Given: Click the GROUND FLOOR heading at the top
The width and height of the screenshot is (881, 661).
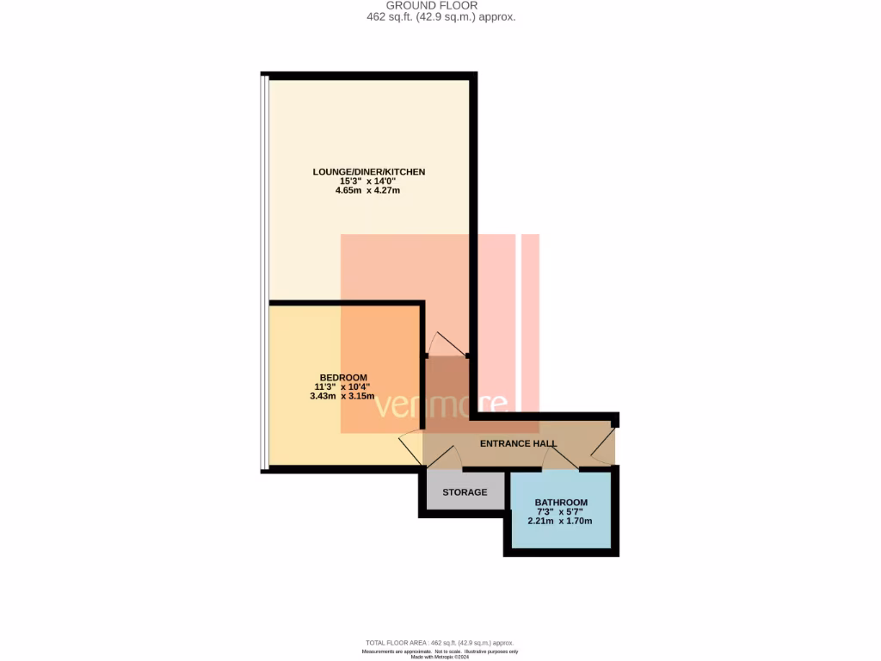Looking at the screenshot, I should click(x=440, y=5).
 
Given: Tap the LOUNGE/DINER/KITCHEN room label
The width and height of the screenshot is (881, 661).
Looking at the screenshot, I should click(x=368, y=172).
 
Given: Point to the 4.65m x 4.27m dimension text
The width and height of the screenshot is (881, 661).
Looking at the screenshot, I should click(x=368, y=190).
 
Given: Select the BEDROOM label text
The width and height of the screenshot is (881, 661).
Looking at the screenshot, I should click(x=343, y=378).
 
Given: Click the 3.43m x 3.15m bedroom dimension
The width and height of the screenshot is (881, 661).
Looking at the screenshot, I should click(x=343, y=397).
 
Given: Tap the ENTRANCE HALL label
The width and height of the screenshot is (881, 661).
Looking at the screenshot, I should click(x=518, y=444).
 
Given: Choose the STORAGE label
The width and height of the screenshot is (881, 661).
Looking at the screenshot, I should click(x=465, y=492).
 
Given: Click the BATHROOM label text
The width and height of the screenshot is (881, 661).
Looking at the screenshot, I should click(x=561, y=503).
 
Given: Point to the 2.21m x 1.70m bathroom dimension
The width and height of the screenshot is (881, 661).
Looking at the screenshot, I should click(x=561, y=522).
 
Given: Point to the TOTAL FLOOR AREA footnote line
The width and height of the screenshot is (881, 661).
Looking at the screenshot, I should click(x=440, y=643).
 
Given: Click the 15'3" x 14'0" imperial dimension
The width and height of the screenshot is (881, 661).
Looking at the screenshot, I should click(x=368, y=181).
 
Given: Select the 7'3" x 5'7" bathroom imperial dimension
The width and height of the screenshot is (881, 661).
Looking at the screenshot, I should click(x=561, y=512).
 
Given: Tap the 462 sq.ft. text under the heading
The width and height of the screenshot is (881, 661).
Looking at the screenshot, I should click(x=440, y=16).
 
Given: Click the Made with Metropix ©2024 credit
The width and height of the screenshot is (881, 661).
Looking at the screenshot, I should click(x=440, y=657).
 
